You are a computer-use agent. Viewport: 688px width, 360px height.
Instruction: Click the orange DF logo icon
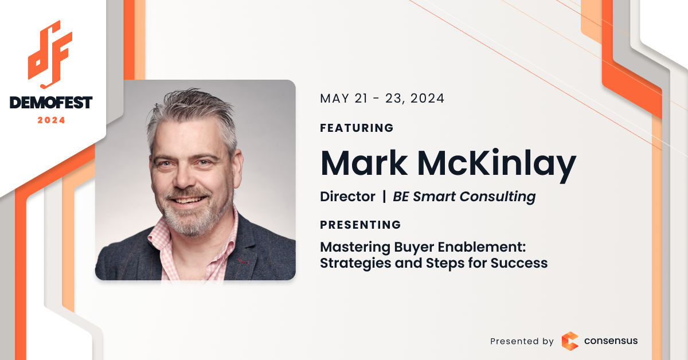(50, 54)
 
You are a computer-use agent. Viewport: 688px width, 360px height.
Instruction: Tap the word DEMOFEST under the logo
(51, 102)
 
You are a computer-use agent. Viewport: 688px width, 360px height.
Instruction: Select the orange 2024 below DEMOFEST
(51, 120)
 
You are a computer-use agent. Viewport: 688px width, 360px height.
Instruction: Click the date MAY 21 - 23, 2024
(382, 99)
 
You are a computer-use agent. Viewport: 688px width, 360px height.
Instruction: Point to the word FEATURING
(357, 128)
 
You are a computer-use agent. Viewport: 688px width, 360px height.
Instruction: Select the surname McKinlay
(497, 165)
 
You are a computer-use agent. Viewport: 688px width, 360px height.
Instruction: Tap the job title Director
(347, 196)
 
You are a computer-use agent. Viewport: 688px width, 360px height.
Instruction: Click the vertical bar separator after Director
(384, 196)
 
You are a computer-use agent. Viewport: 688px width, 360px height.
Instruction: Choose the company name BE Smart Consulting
(464, 197)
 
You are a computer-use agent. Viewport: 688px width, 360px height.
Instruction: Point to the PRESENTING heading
(360, 225)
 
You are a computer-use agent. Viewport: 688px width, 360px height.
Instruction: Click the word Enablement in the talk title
(482, 247)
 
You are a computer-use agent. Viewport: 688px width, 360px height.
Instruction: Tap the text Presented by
(522, 341)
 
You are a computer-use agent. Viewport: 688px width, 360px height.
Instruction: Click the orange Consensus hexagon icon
(570, 341)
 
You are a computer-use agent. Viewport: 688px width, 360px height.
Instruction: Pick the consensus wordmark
(611, 341)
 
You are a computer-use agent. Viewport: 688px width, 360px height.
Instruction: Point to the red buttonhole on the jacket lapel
(243, 261)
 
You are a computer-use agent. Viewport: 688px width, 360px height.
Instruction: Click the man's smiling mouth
(187, 200)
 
